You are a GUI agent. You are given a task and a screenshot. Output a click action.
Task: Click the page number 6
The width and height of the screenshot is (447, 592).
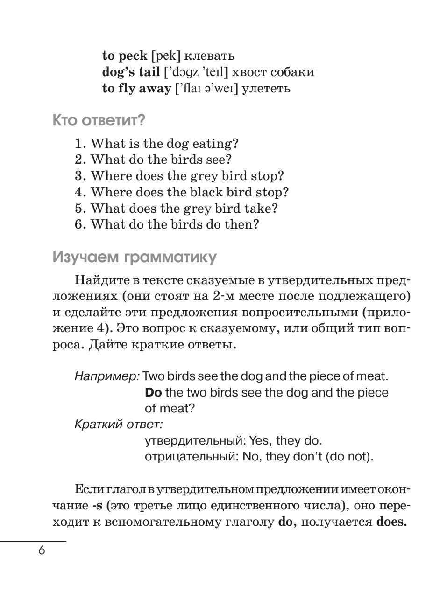tap(42, 551)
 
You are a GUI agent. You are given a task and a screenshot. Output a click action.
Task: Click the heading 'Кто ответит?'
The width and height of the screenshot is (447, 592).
tap(99, 120)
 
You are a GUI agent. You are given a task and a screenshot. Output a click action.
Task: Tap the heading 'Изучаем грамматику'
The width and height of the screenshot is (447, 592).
tap(135, 257)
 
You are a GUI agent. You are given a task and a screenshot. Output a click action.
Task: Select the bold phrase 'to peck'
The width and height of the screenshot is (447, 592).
tap(124, 56)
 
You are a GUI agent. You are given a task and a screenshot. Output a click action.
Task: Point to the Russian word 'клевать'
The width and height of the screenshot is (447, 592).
tap(209, 56)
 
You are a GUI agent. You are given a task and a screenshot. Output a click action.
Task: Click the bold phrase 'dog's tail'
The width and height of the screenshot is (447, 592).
tap(131, 72)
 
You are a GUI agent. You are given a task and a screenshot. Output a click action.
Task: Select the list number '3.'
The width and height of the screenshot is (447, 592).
tap(80, 176)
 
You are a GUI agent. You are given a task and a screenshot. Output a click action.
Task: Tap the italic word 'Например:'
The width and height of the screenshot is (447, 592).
tap(107, 376)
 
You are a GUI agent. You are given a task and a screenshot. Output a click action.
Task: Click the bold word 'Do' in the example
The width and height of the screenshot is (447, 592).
tap(153, 392)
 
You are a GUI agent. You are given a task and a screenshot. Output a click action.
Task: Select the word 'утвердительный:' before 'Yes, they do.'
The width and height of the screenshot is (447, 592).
tap(195, 440)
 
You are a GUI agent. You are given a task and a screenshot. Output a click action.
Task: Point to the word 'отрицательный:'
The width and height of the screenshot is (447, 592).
tap(192, 456)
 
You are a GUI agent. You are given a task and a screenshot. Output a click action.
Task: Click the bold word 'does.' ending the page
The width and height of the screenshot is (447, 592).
tap(391, 522)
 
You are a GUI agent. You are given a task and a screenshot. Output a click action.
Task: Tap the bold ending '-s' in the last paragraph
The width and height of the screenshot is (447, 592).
tap(97, 506)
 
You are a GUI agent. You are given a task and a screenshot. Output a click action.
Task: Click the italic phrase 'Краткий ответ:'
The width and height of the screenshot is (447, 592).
tap(119, 425)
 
